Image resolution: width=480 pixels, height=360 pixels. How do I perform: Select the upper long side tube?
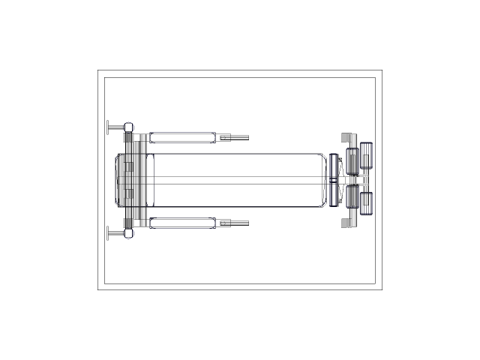tap(182, 137)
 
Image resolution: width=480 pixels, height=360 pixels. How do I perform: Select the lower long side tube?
tap(182, 223)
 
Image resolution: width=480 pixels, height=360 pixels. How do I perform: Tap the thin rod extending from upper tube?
tap(238, 137)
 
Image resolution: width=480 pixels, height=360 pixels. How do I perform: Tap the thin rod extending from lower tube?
tap(238, 223)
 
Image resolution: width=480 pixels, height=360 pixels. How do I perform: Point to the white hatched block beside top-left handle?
tap(128, 137)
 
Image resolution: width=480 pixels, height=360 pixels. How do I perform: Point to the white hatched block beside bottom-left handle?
tap(128, 223)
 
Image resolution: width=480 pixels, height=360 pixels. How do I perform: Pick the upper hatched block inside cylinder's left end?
tap(127, 166)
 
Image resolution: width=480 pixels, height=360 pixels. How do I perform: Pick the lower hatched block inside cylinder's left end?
tap(127, 193)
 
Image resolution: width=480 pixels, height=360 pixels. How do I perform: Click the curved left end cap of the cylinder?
tap(118, 180)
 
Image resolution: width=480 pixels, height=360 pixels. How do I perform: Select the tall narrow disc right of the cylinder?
tap(334, 180)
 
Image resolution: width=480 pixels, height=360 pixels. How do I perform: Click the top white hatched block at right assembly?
tap(346, 138)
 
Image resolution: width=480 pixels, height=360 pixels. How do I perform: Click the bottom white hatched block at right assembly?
tap(346, 223)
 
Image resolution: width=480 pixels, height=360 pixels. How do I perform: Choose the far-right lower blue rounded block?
tap(367, 203)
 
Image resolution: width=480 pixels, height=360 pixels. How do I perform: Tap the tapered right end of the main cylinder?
tap(324, 180)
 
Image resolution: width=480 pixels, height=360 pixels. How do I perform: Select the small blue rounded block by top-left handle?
tap(129, 127)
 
